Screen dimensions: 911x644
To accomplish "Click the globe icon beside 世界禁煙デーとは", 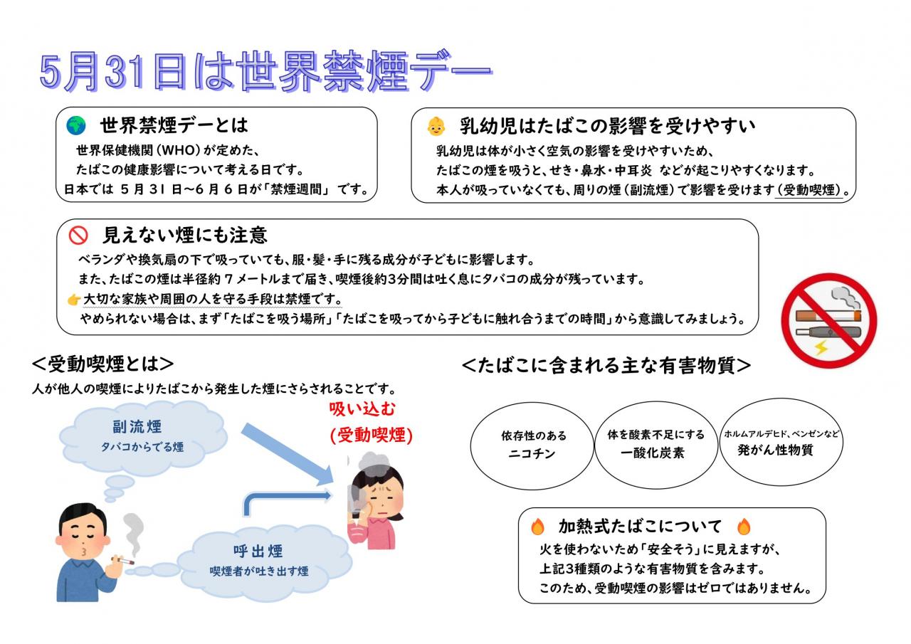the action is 76,125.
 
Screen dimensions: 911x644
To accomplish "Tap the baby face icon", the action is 436,126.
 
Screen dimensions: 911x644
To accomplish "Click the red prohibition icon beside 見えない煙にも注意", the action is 78,235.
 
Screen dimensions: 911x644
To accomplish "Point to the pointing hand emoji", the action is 73,300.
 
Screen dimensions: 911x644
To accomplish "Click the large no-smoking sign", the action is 829,321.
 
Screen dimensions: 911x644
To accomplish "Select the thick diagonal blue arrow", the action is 287,454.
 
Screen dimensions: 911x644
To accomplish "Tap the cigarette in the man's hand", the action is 125,561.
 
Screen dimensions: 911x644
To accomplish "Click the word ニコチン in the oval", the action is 532,454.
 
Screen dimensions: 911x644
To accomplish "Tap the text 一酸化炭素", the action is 653,453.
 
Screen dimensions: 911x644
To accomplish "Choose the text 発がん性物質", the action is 775,450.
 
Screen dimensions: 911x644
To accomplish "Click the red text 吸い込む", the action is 362,409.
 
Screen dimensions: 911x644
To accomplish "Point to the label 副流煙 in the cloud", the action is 137,427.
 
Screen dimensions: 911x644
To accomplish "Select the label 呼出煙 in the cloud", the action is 258,551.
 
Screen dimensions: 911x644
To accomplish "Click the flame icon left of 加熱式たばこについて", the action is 537,527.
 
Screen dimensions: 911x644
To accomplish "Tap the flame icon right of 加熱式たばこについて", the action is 744,527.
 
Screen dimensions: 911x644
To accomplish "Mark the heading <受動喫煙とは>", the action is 103,364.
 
